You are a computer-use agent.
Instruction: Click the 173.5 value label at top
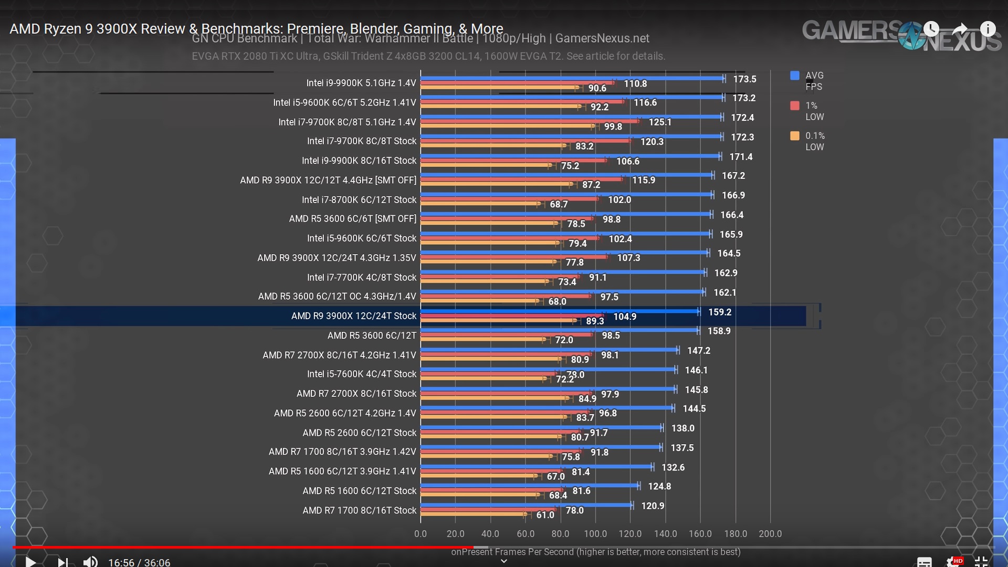coord(744,79)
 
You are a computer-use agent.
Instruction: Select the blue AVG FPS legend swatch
coord(795,76)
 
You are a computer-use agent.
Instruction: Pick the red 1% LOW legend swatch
coord(795,106)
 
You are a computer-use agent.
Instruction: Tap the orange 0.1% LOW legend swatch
coord(795,136)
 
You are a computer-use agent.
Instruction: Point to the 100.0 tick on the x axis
coord(595,534)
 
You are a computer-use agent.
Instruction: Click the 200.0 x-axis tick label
coord(770,534)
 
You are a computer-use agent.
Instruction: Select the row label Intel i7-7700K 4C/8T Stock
coord(361,277)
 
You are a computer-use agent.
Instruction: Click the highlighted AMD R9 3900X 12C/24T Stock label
coord(353,316)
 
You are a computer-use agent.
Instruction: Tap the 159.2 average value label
coord(720,312)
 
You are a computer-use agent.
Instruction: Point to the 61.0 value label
coord(545,515)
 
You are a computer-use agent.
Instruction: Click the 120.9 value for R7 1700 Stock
coord(653,506)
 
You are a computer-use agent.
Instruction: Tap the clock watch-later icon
coord(931,29)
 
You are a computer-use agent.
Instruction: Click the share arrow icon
coord(960,29)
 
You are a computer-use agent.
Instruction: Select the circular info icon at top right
coord(988,29)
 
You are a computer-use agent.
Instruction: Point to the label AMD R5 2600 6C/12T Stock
coord(359,433)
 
